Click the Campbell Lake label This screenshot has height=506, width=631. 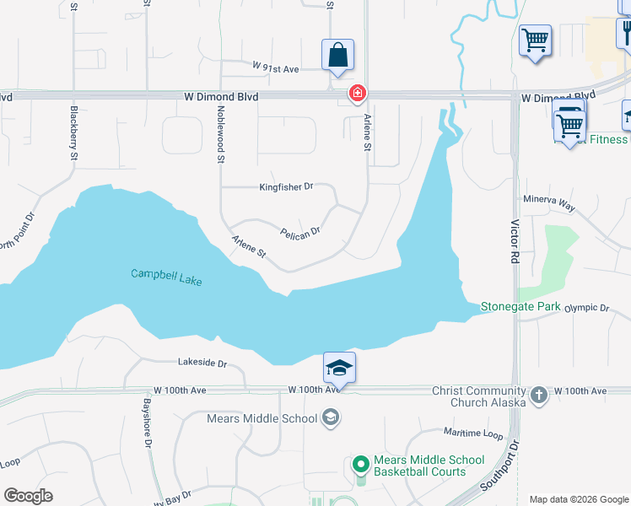pyautogui.click(x=166, y=277)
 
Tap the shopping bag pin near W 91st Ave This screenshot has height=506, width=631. pyautogui.click(x=337, y=56)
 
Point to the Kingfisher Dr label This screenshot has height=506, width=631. pyautogui.click(x=286, y=186)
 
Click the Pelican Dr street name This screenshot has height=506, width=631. pyautogui.click(x=300, y=232)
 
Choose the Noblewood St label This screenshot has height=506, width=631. pyautogui.click(x=221, y=134)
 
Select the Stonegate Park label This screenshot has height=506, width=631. pyautogui.click(x=520, y=307)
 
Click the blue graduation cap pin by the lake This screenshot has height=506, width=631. pyautogui.click(x=339, y=369)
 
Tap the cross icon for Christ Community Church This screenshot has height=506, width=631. pyautogui.click(x=539, y=393)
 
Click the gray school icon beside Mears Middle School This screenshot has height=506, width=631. pyautogui.click(x=330, y=418)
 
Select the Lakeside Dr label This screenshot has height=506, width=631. pyautogui.click(x=202, y=363)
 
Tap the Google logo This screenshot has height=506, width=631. pyautogui.click(x=28, y=496)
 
